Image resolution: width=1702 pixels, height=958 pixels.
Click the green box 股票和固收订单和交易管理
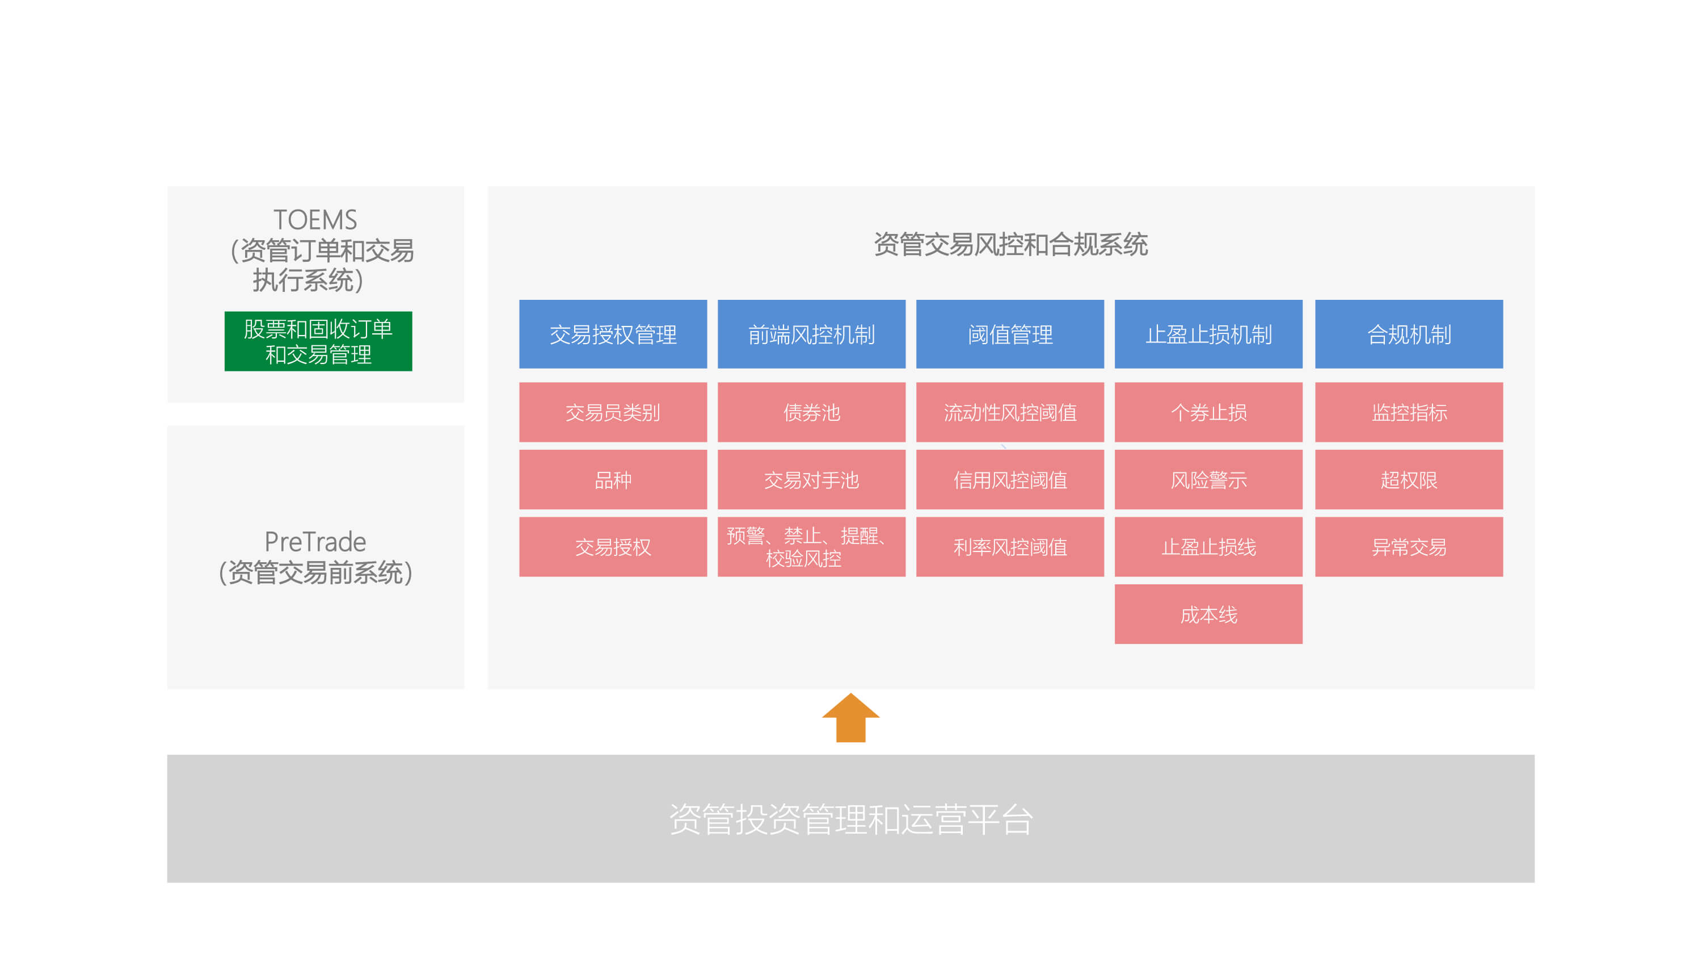point(318,341)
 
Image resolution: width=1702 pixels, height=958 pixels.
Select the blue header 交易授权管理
point(613,334)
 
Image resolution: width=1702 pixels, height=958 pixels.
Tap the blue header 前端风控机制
point(811,334)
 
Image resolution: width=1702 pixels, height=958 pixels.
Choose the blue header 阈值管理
point(1010,334)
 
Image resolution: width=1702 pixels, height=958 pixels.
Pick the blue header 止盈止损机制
point(1208,334)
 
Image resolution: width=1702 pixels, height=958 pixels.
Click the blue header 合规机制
point(1409,334)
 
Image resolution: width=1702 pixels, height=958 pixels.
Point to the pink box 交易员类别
point(613,412)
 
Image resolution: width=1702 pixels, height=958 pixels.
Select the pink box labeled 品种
point(613,479)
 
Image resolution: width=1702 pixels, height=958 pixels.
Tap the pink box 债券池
point(811,412)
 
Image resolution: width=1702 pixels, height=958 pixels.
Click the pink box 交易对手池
point(811,479)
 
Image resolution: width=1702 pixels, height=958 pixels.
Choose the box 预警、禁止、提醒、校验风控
point(811,547)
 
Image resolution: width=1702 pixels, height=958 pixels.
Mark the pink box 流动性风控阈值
point(1010,412)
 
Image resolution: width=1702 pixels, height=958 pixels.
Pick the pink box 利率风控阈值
point(1010,547)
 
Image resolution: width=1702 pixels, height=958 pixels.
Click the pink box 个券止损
point(1208,412)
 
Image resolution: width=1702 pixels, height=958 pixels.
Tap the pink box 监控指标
point(1409,412)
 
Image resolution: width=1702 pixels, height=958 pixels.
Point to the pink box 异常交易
point(1409,547)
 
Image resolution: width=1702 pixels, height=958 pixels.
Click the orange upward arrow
point(850,718)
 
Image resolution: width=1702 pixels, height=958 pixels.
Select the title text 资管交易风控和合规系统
point(1011,244)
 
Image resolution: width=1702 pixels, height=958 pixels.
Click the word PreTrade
point(315,542)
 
